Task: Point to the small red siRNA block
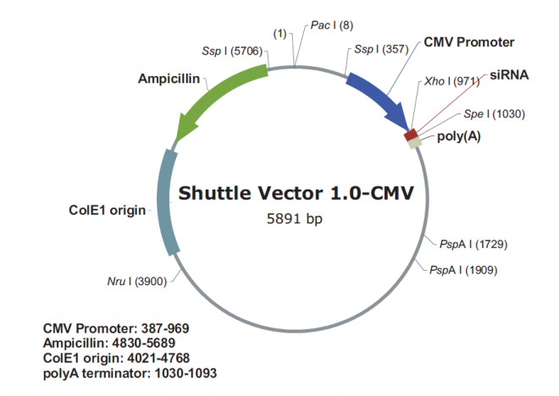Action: click(x=411, y=134)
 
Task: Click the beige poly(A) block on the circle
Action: click(x=415, y=143)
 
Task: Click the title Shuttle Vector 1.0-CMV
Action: click(x=296, y=193)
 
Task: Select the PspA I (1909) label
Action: click(x=463, y=270)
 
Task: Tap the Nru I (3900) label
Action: click(x=139, y=280)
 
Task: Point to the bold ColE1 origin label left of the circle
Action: click(x=107, y=209)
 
